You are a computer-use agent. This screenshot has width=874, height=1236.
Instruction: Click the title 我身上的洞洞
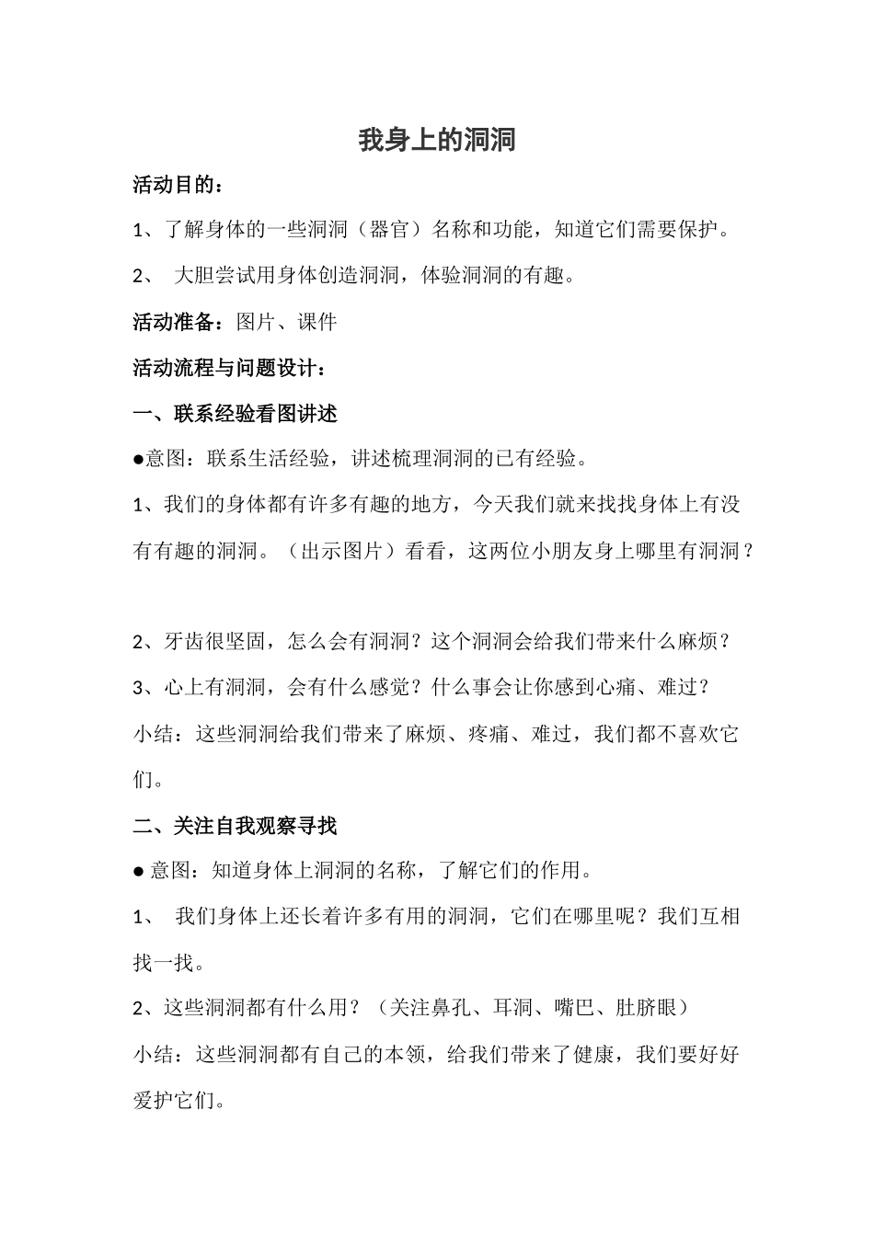pyautogui.click(x=437, y=140)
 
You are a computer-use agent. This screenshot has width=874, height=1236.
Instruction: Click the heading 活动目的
pyautogui.click(x=174, y=185)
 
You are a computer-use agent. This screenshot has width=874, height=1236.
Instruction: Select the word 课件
pyautogui.click(x=317, y=322)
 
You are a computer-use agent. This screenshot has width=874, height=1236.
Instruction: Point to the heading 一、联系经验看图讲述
pyautogui.click(x=235, y=414)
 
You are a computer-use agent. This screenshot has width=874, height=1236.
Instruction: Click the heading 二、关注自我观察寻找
pyautogui.click(x=235, y=826)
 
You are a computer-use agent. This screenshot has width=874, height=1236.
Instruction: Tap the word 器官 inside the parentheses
pyautogui.click(x=387, y=230)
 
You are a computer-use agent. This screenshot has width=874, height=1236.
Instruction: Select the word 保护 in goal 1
pyautogui.click(x=698, y=230)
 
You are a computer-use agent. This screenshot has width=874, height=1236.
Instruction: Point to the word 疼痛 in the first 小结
pyautogui.click(x=488, y=734)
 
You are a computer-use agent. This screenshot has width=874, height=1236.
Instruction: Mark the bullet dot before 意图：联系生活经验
pyautogui.click(x=138, y=459)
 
